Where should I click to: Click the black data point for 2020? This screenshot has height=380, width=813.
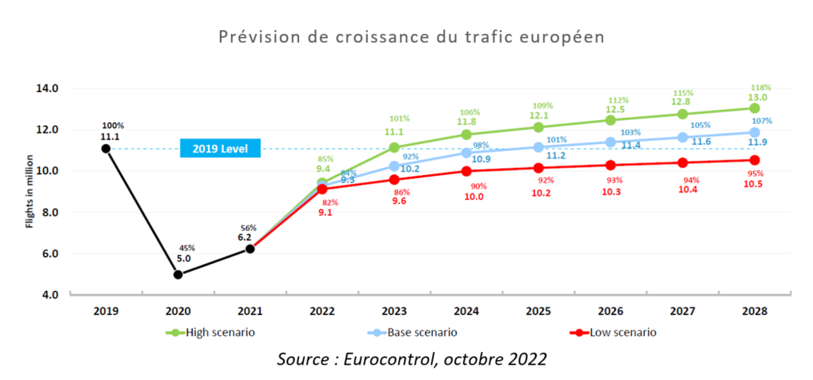[x=178, y=274]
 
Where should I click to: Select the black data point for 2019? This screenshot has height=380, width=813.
[x=105, y=148]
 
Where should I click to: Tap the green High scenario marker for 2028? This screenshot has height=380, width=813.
[x=754, y=108]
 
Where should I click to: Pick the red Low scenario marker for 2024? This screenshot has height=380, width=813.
[x=466, y=171]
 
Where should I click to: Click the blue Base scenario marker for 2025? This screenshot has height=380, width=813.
[x=538, y=147]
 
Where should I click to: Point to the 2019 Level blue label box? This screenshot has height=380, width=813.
[x=220, y=148]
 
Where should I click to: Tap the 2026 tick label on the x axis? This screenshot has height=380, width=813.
[x=610, y=311]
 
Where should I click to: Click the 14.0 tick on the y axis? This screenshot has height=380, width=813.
[x=47, y=88]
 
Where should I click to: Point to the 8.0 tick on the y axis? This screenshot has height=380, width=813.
[x=47, y=212]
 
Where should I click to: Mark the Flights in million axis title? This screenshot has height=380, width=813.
[x=29, y=191]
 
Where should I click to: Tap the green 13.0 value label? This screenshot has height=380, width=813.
[x=757, y=98]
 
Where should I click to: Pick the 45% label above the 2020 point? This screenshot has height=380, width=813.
[x=187, y=248]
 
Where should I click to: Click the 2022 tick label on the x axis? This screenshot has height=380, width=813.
[x=322, y=311]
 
